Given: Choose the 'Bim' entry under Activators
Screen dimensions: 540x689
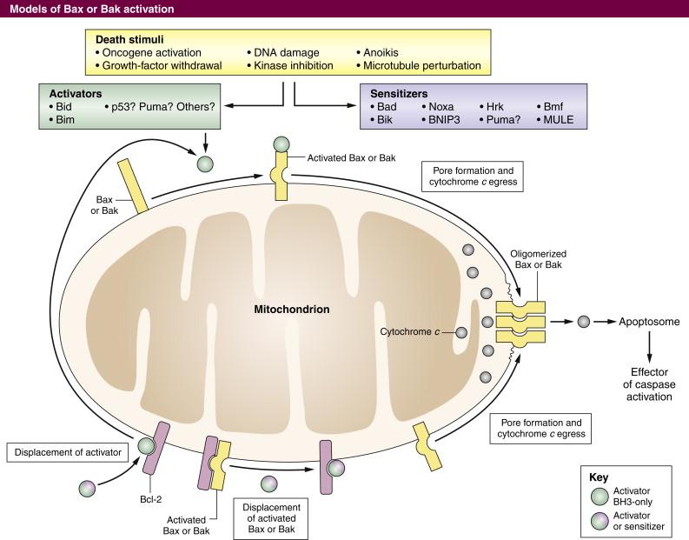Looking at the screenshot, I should click(65, 119).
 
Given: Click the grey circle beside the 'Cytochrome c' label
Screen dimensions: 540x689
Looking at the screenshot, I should click(461, 332).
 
